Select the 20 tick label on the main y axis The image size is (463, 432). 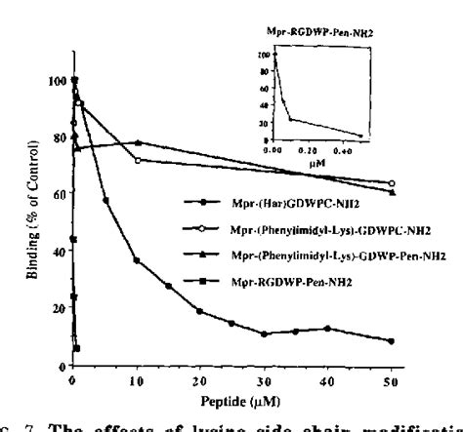59,308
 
